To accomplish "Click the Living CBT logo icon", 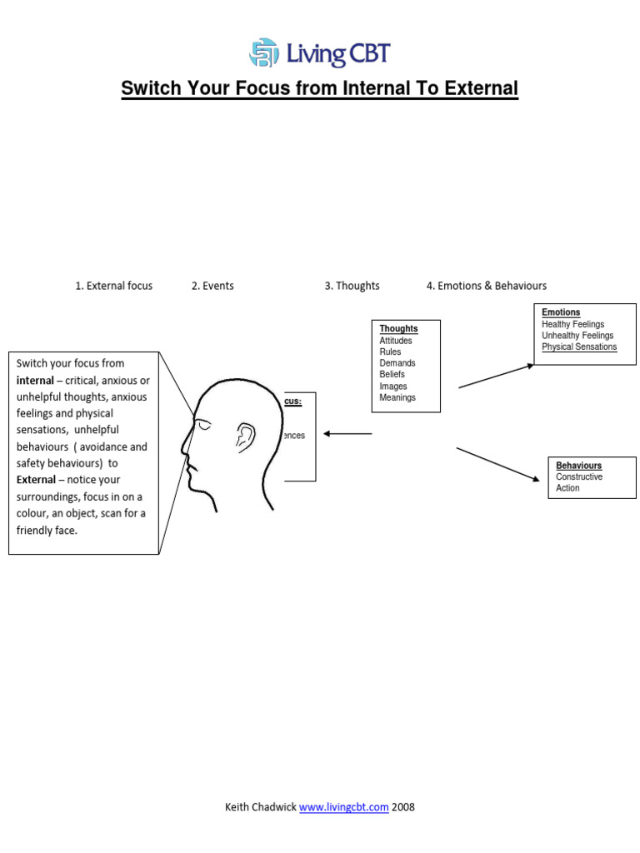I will coord(263,53).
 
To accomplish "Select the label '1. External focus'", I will coord(113,286).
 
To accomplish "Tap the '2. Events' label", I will coord(212,286).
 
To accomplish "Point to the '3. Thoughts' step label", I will coord(352,286).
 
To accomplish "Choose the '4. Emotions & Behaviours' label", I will coord(487,286).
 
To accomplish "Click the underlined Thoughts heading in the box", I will coord(398,329).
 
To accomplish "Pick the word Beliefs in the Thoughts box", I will coord(392,375).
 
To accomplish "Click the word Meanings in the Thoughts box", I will coord(397,397).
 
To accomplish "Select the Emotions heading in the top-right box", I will coord(561,312).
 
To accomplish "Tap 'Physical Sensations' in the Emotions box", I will coord(579,347).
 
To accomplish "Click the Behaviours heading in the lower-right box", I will coord(578,466).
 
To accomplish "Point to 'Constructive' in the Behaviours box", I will coord(579,477).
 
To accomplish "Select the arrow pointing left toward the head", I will coord(347,434).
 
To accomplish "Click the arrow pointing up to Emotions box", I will coord(496,376).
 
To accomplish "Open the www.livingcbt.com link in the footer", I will coord(343,807).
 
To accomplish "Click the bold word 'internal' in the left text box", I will coord(35,381).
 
